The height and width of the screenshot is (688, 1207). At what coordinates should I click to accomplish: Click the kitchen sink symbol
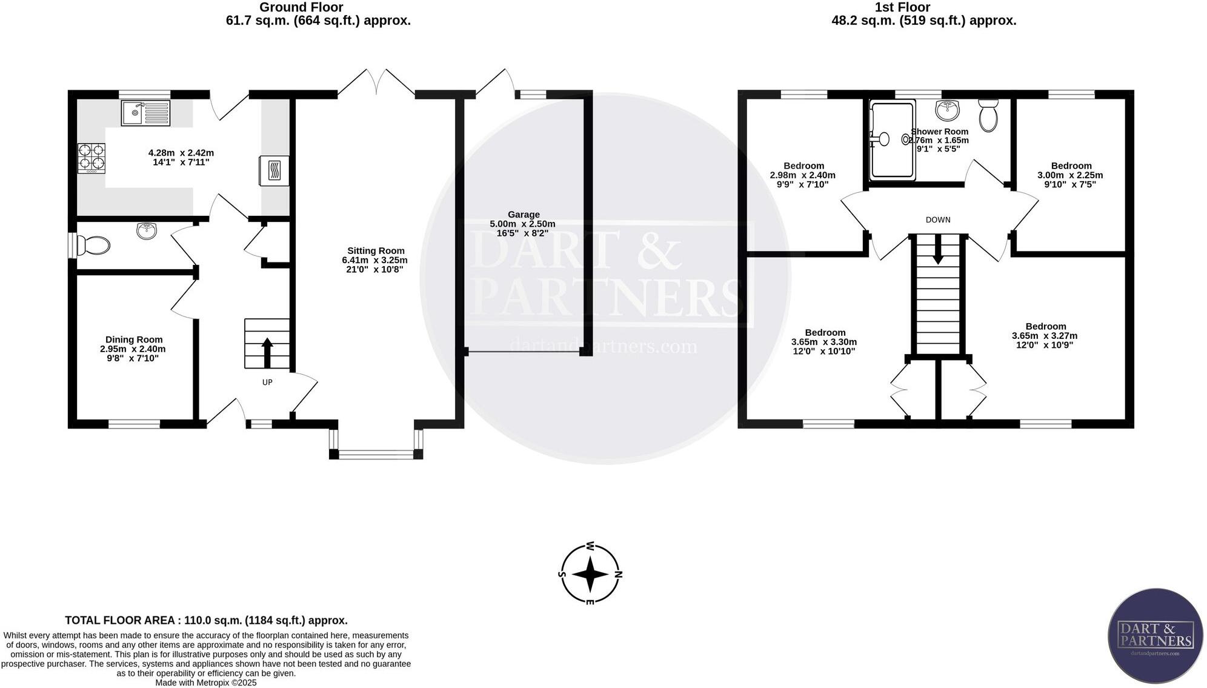(145, 113)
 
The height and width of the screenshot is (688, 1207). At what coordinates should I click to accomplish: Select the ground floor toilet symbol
(94, 245)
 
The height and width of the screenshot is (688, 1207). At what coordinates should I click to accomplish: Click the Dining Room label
(134, 339)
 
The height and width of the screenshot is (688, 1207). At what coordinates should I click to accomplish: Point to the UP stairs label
(267, 382)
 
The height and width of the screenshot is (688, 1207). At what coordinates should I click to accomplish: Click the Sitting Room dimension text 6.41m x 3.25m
(374, 260)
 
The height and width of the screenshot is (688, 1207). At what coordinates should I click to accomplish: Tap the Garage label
(524, 215)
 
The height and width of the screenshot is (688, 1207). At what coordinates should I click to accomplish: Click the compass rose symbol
(590, 574)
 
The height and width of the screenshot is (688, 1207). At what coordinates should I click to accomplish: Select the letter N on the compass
(618, 574)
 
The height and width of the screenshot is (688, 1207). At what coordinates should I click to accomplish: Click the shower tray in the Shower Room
(892, 140)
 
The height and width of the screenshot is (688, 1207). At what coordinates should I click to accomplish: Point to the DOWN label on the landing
(938, 220)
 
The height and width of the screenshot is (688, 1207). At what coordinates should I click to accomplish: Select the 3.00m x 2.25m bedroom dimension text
(1070, 175)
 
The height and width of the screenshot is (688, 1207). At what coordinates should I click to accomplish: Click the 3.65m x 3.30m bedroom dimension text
(824, 342)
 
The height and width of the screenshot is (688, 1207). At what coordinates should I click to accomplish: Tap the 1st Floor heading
(903, 7)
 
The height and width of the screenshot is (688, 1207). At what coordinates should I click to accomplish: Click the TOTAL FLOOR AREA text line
(206, 620)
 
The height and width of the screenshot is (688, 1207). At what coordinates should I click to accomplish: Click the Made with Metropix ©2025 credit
(206, 683)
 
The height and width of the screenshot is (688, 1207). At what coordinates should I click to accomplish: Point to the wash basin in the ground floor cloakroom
(147, 230)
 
